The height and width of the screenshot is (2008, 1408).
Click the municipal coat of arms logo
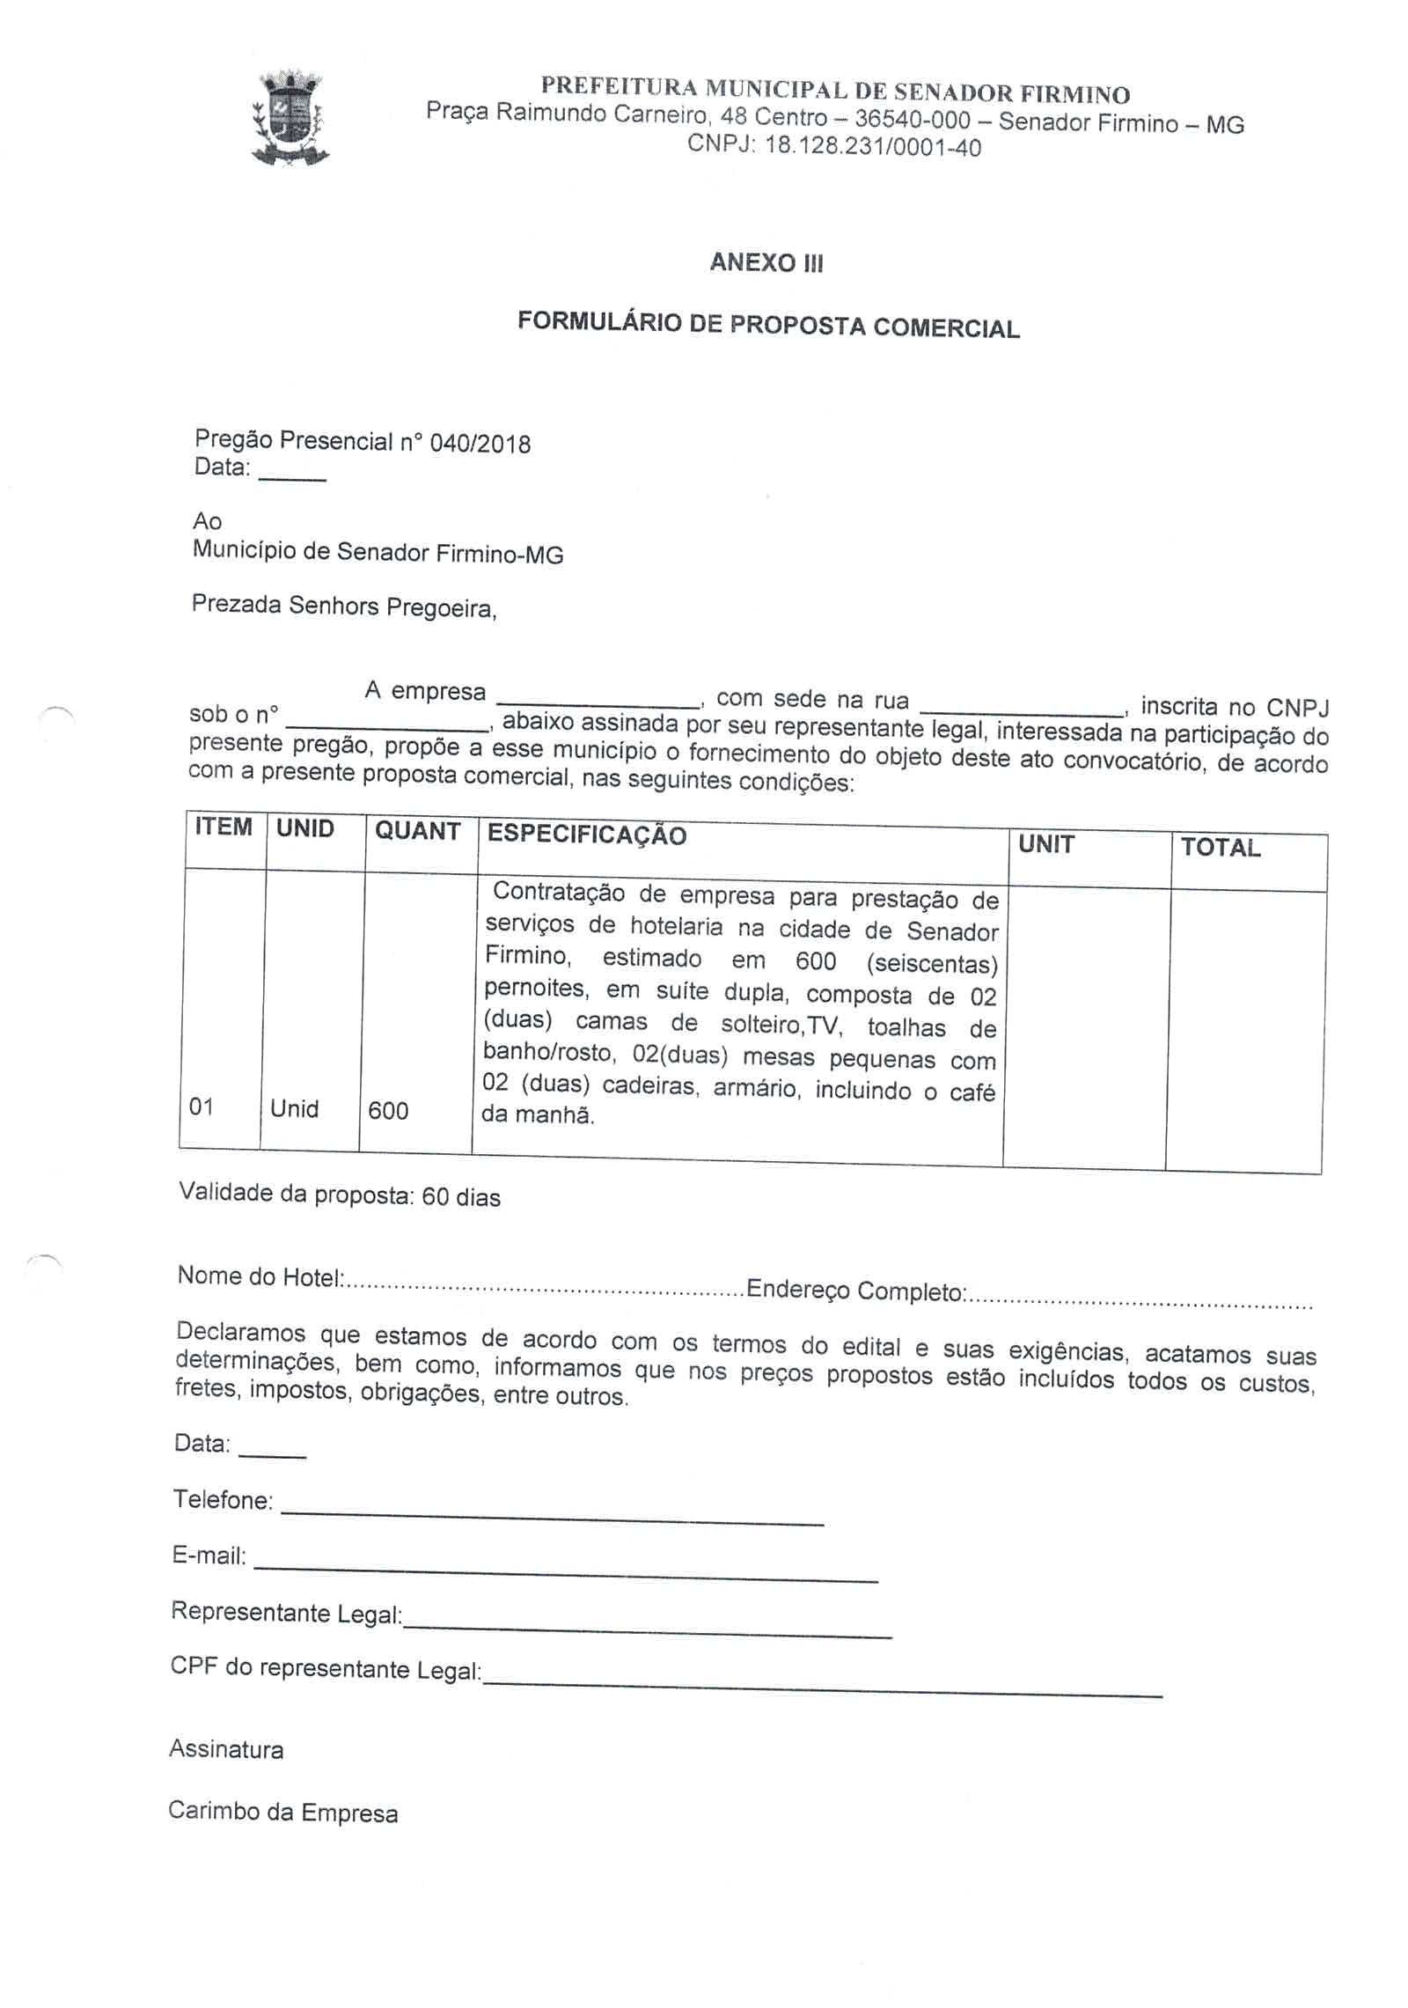[x=290, y=120]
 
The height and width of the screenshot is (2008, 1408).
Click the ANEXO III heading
[x=766, y=262]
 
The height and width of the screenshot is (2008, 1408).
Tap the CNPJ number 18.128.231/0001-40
[x=872, y=146]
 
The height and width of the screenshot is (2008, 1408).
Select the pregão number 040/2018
[x=480, y=443]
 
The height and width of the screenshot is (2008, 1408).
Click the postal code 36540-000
[x=912, y=120]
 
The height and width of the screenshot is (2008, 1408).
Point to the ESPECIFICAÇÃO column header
[x=586, y=835]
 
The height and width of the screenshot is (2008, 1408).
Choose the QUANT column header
[x=417, y=831]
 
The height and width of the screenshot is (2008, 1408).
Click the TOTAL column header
[x=1220, y=848]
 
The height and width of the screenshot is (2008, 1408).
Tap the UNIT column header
[x=1045, y=844]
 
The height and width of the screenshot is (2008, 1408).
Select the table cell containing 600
[x=388, y=1111]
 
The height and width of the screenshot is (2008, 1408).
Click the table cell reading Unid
[x=294, y=1108]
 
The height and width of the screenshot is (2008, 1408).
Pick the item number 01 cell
[x=202, y=1107]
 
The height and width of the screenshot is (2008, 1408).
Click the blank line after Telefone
[x=552, y=1519]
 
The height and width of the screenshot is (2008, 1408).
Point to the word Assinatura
[x=226, y=1749]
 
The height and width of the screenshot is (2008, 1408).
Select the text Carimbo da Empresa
[x=282, y=1812]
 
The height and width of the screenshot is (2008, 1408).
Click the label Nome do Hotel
[x=260, y=1276]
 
